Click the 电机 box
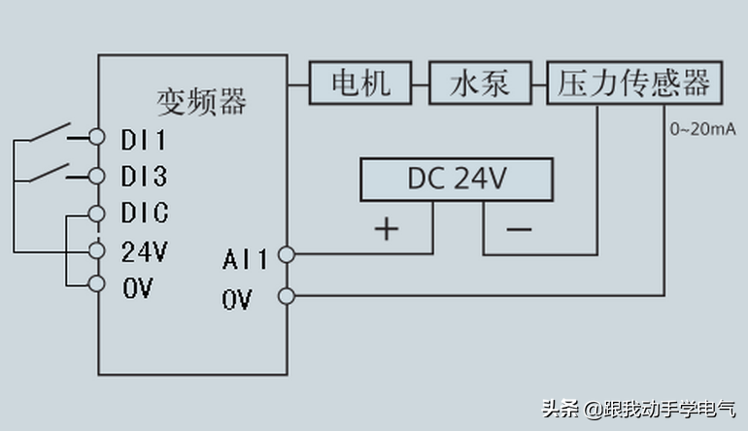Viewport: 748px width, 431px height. (360, 83)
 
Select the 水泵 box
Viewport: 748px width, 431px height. (480, 83)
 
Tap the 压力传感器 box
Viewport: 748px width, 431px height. (634, 83)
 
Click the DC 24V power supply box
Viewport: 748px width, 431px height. (456, 180)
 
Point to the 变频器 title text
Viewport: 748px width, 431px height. (202, 101)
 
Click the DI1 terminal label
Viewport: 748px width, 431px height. (144, 138)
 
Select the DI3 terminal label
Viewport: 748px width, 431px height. (144, 176)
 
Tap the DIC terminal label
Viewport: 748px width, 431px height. (145, 214)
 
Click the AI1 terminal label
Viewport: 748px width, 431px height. (244, 259)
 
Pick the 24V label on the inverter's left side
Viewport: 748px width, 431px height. (144, 251)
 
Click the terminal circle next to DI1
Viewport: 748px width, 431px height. (96, 137)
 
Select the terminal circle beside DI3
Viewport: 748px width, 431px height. (96, 176)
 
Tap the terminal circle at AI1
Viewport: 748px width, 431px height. (286, 255)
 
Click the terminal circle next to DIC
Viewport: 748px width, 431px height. (96, 213)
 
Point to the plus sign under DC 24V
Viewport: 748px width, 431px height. (387, 229)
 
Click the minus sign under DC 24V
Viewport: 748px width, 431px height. (519, 230)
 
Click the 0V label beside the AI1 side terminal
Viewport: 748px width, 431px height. (236, 300)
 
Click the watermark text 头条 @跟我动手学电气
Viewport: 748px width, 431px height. (637, 408)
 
